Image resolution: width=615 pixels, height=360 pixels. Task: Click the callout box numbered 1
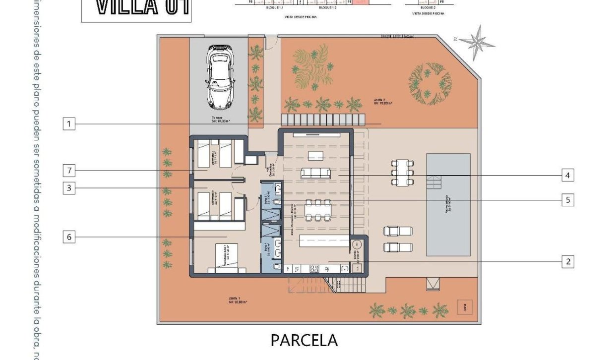tap(69, 124)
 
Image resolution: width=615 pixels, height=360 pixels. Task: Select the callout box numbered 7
tap(69, 171)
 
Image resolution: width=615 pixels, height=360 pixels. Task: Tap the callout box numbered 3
tap(69, 188)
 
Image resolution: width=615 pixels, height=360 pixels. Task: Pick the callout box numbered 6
tap(69, 237)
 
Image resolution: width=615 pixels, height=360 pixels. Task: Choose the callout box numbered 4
tap(568, 175)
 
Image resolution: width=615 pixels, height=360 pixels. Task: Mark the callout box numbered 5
tap(568, 200)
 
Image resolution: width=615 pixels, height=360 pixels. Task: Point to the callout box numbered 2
tap(568, 261)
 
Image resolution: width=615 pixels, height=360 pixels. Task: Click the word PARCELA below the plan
tap(304, 340)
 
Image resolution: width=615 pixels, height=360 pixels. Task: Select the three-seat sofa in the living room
tap(315, 173)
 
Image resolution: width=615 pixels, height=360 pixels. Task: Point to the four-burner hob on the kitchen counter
tap(314, 269)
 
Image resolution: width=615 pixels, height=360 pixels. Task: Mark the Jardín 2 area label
tap(383, 102)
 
